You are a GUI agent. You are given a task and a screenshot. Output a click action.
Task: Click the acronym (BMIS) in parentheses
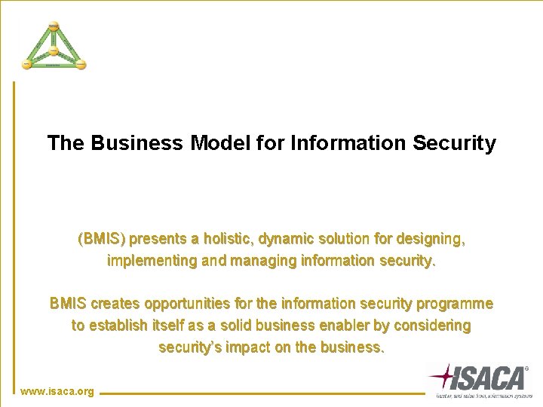coord(103,240)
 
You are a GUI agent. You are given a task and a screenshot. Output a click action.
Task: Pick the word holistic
coord(226,240)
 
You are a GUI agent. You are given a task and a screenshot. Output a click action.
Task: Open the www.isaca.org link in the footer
coord(57,391)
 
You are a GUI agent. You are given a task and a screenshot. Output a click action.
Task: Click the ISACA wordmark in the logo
coord(490,376)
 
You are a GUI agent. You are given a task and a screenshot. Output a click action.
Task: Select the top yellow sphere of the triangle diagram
coord(54,27)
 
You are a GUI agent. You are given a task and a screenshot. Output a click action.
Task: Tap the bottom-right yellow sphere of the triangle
coord(81,65)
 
